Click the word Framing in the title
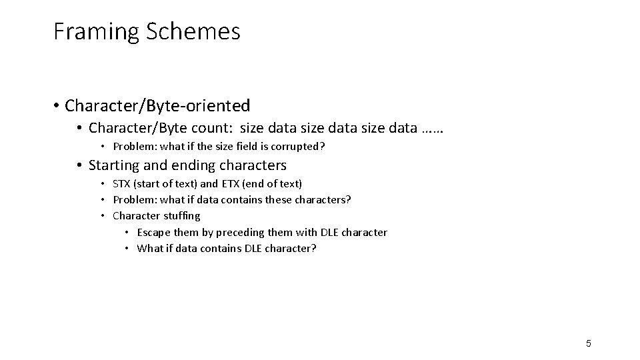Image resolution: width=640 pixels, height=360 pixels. [89, 31]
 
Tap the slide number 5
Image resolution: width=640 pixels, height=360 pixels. [588, 343]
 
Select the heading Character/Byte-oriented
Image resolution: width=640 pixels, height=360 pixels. [158, 105]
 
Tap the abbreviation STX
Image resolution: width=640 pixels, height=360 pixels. [122, 183]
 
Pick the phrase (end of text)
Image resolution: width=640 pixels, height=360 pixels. [274, 183]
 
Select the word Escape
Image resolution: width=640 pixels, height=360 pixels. [153, 232]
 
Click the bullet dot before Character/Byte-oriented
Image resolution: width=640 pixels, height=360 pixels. [59, 106]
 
